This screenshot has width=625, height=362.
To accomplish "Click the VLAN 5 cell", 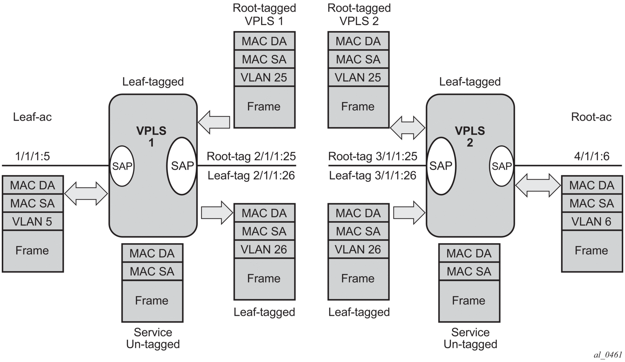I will tap(32, 222).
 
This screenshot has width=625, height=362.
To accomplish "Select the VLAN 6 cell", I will tap(592, 222).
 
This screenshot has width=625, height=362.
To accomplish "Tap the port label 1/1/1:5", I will tap(32, 156).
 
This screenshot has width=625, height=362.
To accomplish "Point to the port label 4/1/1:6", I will tap(592, 156).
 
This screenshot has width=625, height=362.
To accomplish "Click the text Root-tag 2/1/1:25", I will tap(251, 156).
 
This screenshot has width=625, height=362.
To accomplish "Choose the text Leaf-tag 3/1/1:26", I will tap(373, 175).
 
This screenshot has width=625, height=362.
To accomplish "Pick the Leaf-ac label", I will tap(32, 117).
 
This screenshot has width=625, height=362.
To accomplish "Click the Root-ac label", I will tap(591, 117).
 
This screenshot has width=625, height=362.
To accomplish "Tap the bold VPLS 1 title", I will tap(151, 137).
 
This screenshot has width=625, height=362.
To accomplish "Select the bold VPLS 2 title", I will tap(470, 137).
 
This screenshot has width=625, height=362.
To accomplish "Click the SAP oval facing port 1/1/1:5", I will tap(122, 166).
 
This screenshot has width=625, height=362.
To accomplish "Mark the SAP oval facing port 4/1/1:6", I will tap(501, 166).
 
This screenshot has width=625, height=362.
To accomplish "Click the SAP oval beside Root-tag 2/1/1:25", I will tap(182, 166).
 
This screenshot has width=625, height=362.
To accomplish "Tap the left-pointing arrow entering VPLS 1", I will tap(214, 122).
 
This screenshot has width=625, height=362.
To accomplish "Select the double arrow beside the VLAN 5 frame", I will tap(86, 193).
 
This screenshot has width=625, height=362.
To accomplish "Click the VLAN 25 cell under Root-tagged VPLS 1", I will tap(264, 77).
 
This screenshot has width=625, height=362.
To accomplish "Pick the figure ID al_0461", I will tap(608, 355).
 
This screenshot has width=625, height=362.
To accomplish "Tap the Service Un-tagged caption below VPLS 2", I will tap(470, 338).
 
